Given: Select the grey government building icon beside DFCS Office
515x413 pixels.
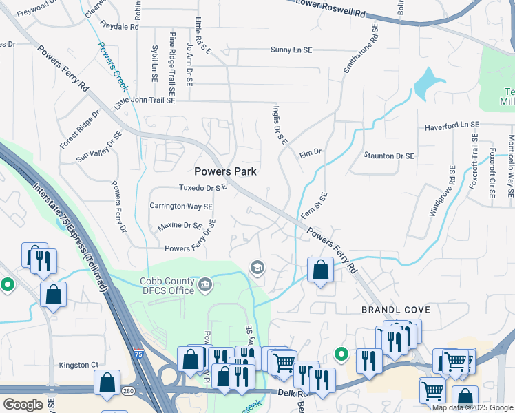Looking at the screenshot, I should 205,285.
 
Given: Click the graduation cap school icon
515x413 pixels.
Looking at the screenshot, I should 257,268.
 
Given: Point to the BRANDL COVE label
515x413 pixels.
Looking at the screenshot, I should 391,310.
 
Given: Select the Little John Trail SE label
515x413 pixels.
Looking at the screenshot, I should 145,100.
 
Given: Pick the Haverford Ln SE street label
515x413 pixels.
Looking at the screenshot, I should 451,125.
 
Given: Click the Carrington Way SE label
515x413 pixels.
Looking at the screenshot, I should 181,206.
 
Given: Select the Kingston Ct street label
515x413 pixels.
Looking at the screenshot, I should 79,365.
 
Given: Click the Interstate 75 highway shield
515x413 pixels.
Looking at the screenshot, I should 138,354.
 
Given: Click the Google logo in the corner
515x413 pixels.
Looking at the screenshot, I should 23,405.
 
